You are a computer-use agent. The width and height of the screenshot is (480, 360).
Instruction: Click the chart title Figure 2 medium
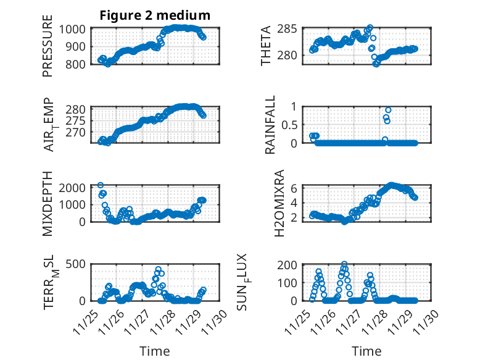155,15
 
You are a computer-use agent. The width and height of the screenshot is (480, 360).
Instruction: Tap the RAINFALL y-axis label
271,125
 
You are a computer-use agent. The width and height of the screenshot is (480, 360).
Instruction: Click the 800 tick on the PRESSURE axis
78,64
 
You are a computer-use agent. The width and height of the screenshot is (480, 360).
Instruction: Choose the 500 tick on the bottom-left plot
78,265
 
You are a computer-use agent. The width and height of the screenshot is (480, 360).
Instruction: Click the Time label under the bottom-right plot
366,351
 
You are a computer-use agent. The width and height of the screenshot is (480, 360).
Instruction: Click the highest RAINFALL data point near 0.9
388,110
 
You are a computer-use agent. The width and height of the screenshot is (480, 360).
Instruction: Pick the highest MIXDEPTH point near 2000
101,185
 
